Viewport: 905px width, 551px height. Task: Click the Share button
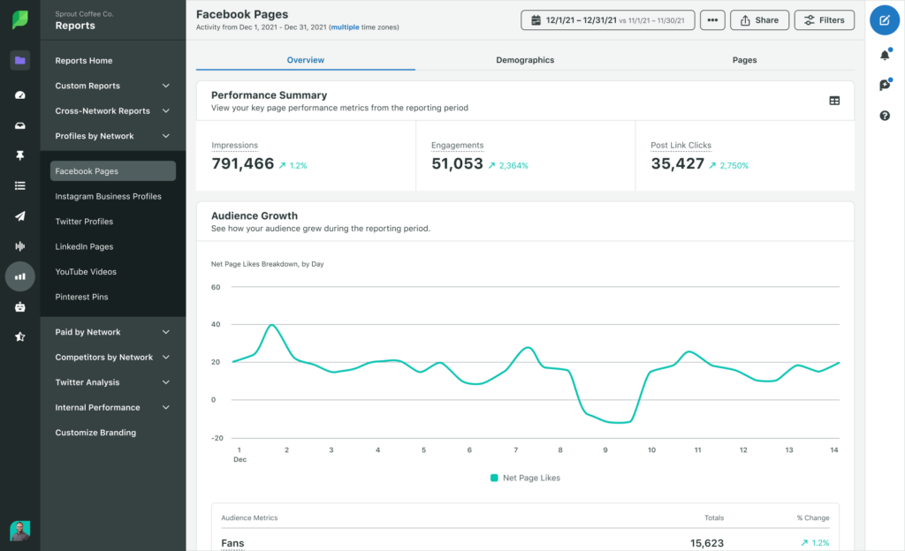coord(759,19)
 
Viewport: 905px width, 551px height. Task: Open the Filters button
coord(824,19)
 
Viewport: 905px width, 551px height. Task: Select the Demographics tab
coord(525,60)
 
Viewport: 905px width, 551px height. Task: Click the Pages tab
coord(744,60)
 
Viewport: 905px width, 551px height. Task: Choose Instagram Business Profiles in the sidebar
coord(108,196)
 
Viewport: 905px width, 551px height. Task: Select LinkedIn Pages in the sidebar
coord(84,246)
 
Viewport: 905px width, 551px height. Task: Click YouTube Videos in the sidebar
coord(86,272)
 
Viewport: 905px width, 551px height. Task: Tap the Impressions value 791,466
coord(243,163)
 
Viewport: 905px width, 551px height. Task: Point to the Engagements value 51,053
coord(457,163)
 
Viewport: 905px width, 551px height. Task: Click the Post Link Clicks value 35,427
coord(677,163)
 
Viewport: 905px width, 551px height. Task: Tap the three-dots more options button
coord(712,19)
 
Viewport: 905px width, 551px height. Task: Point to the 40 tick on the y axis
coord(216,324)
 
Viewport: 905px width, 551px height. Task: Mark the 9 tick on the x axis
coord(605,450)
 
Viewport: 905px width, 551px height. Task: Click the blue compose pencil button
coord(885,19)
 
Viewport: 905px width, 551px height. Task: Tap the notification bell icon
coord(885,55)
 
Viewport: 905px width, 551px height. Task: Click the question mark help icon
coord(885,116)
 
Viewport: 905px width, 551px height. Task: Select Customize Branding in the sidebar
coord(95,433)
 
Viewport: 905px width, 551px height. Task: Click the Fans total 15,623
coord(707,543)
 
